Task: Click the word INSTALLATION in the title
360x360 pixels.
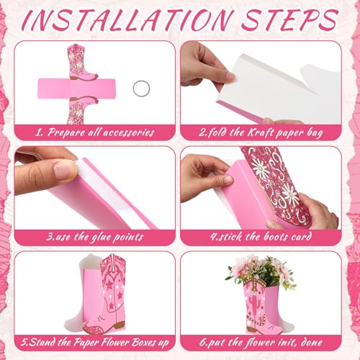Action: tap(127, 19)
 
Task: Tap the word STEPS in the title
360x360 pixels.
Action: tap(290, 19)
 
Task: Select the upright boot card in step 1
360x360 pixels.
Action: tap(81, 62)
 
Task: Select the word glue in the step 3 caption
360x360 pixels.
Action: tap(100, 238)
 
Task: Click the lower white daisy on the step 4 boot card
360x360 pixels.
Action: tap(289, 193)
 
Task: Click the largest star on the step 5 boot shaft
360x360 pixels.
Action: tap(109, 284)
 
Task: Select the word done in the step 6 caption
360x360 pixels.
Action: tap(311, 342)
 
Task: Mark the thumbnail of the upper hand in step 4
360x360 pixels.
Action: tap(227, 180)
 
